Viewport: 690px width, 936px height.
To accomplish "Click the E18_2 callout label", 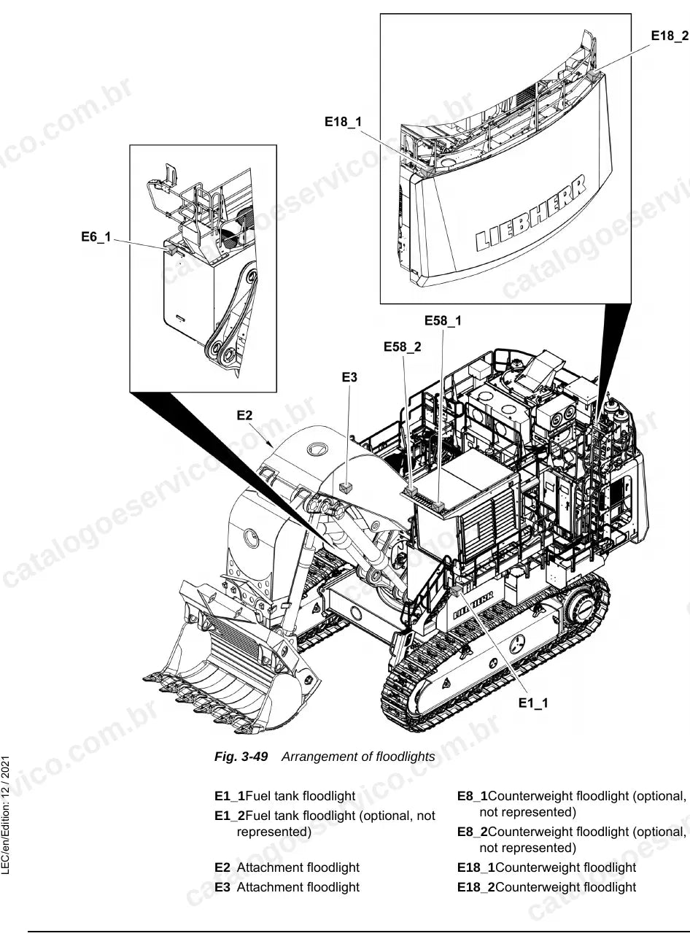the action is pos(670,36).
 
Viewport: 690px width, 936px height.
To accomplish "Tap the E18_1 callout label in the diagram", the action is pos(343,122).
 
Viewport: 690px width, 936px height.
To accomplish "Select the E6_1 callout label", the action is pos(96,237).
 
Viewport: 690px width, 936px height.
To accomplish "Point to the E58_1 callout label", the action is pos(443,320).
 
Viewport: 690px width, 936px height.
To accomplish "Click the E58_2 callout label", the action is pos(402,347).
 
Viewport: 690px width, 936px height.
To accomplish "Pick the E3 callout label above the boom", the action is pos(349,377).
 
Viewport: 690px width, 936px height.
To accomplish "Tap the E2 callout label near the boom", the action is pos(244,415).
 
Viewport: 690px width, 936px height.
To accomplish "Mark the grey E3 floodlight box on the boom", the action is pos(346,487).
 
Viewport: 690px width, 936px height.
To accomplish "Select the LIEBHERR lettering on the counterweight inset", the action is pos(530,213).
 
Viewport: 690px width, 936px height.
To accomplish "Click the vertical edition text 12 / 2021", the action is pos(5,775).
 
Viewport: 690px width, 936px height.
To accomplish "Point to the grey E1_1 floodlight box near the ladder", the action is pos(455,590).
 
